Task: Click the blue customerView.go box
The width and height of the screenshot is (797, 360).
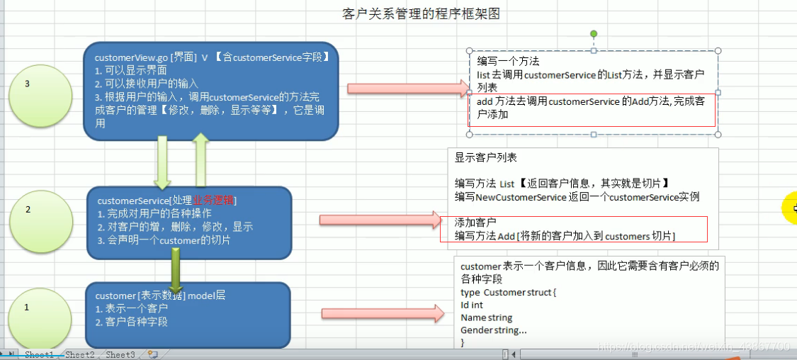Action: [211, 90]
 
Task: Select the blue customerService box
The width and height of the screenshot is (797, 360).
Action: [189, 220]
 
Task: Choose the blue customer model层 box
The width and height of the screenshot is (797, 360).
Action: [188, 314]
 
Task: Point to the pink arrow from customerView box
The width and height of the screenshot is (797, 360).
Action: [408, 89]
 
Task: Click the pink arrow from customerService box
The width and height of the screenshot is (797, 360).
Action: [380, 220]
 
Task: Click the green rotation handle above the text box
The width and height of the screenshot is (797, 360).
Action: [594, 34]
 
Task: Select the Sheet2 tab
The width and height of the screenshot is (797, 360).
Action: [79, 354]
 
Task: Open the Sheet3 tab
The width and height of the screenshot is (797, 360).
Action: [120, 354]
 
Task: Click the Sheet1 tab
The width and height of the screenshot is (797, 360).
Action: [39, 354]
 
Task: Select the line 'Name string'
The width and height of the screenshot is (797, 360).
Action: [486, 317]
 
